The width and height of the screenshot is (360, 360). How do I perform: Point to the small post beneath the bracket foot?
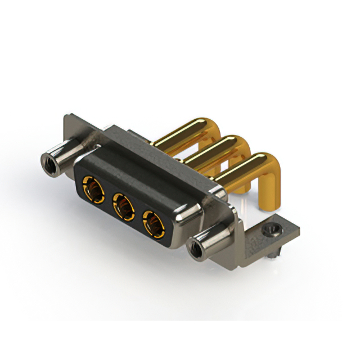point(272,253)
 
